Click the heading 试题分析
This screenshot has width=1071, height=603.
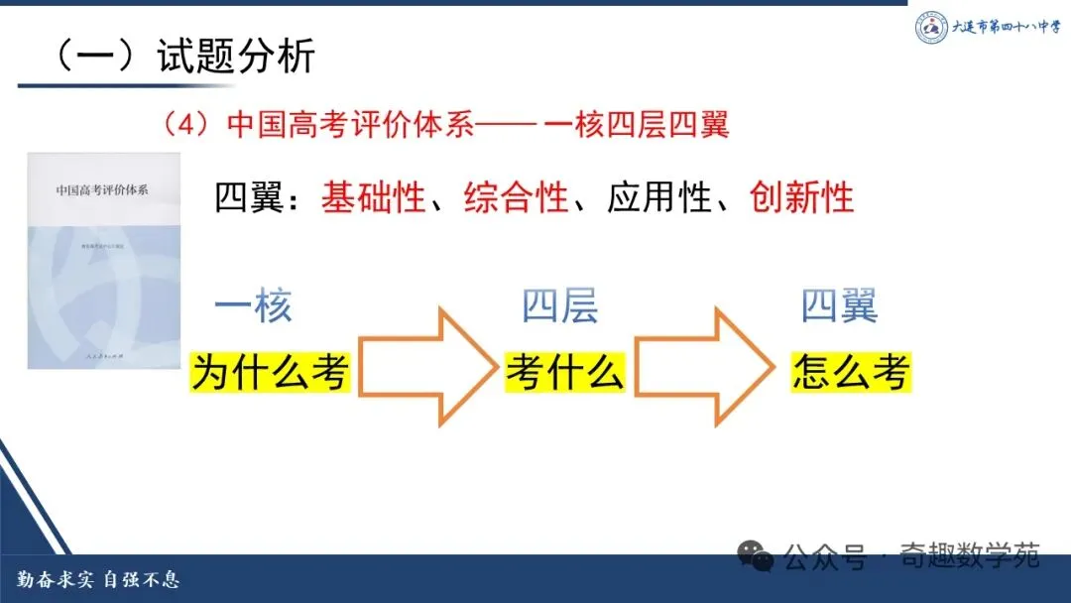tap(235, 57)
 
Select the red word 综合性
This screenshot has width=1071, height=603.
tap(517, 197)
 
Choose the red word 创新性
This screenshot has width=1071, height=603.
tap(802, 197)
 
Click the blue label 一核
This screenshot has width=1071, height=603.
tap(254, 307)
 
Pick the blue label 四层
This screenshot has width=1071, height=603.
tap(560, 307)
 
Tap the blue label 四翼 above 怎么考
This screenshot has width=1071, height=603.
tap(840, 307)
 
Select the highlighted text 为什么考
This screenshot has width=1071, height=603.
tap(271, 373)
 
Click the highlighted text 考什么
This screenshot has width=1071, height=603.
tap(564, 373)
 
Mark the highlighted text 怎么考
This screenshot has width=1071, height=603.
tap(851, 373)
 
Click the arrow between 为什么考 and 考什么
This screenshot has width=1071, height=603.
tap(426, 367)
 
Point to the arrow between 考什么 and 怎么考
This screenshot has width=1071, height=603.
tap(706, 367)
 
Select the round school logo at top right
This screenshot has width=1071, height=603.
tap(931, 27)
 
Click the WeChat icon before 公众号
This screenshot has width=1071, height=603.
tap(760, 556)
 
